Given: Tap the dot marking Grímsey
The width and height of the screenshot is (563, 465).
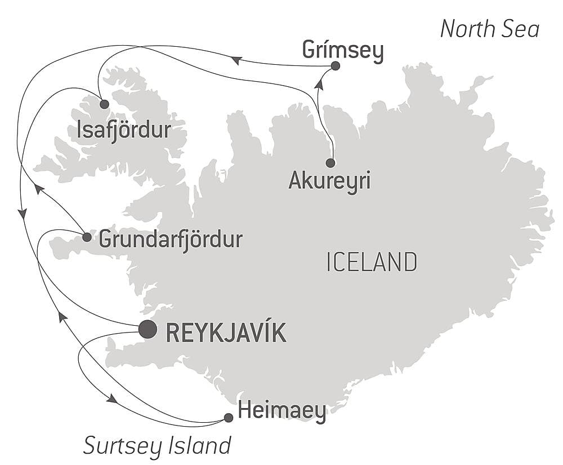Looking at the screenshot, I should [x=336, y=66].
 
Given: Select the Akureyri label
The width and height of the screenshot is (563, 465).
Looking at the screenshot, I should [x=329, y=181].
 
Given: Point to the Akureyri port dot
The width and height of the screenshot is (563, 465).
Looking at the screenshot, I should [x=330, y=163].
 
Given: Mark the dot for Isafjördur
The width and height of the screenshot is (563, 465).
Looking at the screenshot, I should [x=104, y=104].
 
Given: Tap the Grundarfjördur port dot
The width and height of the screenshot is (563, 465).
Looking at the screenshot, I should [x=87, y=237].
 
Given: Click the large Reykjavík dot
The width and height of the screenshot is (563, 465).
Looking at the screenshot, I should [x=148, y=329].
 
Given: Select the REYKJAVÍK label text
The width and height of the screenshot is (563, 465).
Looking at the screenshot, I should [x=226, y=333].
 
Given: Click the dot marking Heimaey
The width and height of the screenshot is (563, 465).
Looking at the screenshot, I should [x=229, y=418].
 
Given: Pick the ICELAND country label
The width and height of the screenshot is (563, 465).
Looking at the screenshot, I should [x=372, y=263].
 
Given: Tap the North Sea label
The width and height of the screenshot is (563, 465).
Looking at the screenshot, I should [x=489, y=29].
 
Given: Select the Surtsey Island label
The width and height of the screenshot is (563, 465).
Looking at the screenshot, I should [x=157, y=445].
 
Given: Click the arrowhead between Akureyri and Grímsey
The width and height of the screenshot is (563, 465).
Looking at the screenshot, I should [x=320, y=84].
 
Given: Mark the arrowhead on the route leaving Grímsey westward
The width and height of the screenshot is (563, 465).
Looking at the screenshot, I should [x=237, y=60].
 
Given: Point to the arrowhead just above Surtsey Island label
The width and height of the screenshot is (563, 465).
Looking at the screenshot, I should [x=112, y=398].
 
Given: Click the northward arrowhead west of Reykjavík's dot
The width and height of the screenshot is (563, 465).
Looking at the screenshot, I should [x=62, y=317].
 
